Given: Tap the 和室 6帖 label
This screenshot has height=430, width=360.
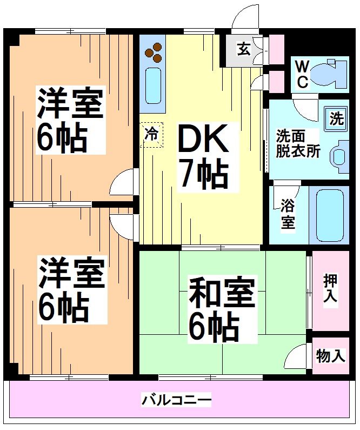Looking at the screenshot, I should pos(221,309).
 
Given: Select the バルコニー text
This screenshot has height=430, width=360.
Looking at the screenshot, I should pos(176,401).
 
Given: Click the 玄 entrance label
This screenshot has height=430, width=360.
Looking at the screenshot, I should pos(243,50).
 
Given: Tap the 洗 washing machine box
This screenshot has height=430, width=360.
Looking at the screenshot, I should pos(336,118).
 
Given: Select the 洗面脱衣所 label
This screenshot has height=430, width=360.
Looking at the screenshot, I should pos(298,143).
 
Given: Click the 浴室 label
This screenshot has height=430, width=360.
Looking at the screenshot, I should pos(288,213).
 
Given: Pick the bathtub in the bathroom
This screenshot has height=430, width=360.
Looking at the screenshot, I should pos(332,215).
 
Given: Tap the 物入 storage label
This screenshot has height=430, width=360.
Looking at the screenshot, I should pos(331,356).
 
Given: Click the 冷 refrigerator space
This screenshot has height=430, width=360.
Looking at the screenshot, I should pos(152,135).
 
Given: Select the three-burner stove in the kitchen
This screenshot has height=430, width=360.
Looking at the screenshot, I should pos(154,53).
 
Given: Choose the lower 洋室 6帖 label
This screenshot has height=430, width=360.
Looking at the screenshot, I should pos(70,290).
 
